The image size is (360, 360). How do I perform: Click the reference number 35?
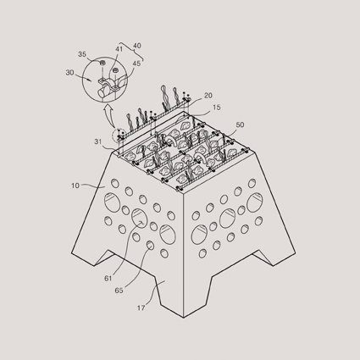click(82, 54)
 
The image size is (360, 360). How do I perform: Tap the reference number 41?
click(119, 49)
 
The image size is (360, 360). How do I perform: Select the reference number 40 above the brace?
click(136, 46)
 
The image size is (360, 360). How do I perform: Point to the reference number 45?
click(136, 64)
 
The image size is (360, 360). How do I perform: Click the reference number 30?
click(69, 73)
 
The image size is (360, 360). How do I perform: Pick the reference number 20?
click(208, 96)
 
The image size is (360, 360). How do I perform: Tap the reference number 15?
click(217, 108)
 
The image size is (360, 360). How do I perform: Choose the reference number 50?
click(240, 125)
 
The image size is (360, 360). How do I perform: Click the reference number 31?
click(97, 141)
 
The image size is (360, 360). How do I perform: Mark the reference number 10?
click(75, 186)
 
